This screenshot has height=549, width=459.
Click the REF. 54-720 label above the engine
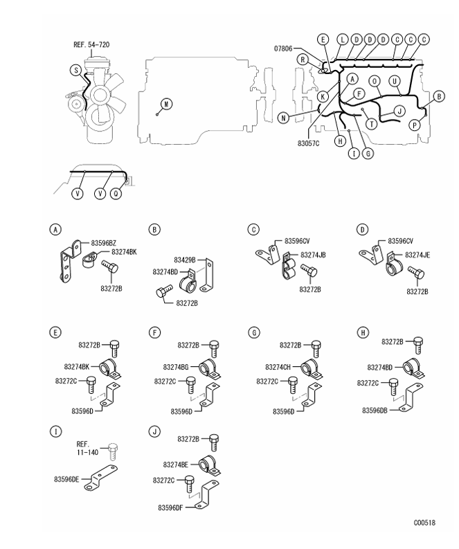(91, 45)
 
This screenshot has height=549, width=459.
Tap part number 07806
(283, 48)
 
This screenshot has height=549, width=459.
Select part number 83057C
(309, 143)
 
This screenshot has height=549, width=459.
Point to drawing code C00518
(424, 523)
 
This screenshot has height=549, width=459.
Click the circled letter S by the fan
(76, 70)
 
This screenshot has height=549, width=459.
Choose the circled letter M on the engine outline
(167, 104)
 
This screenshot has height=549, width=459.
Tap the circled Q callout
(116, 193)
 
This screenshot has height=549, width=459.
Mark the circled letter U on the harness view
(395, 81)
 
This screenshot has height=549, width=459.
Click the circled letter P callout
(415, 125)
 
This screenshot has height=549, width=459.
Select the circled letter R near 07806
(303, 60)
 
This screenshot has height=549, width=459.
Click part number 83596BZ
(104, 243)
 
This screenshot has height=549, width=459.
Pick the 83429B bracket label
(185, 260)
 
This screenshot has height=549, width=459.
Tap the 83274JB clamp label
(313, 255)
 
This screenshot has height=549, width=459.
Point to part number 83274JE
(417, 255)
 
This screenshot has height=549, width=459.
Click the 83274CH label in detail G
(278, 367)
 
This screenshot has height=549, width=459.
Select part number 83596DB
(375, 411)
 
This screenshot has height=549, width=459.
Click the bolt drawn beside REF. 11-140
(113, 451)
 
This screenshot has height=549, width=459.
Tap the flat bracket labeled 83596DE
(101, 478)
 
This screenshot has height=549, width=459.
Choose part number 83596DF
(170, 507)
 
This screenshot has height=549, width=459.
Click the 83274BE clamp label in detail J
(176, 465)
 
